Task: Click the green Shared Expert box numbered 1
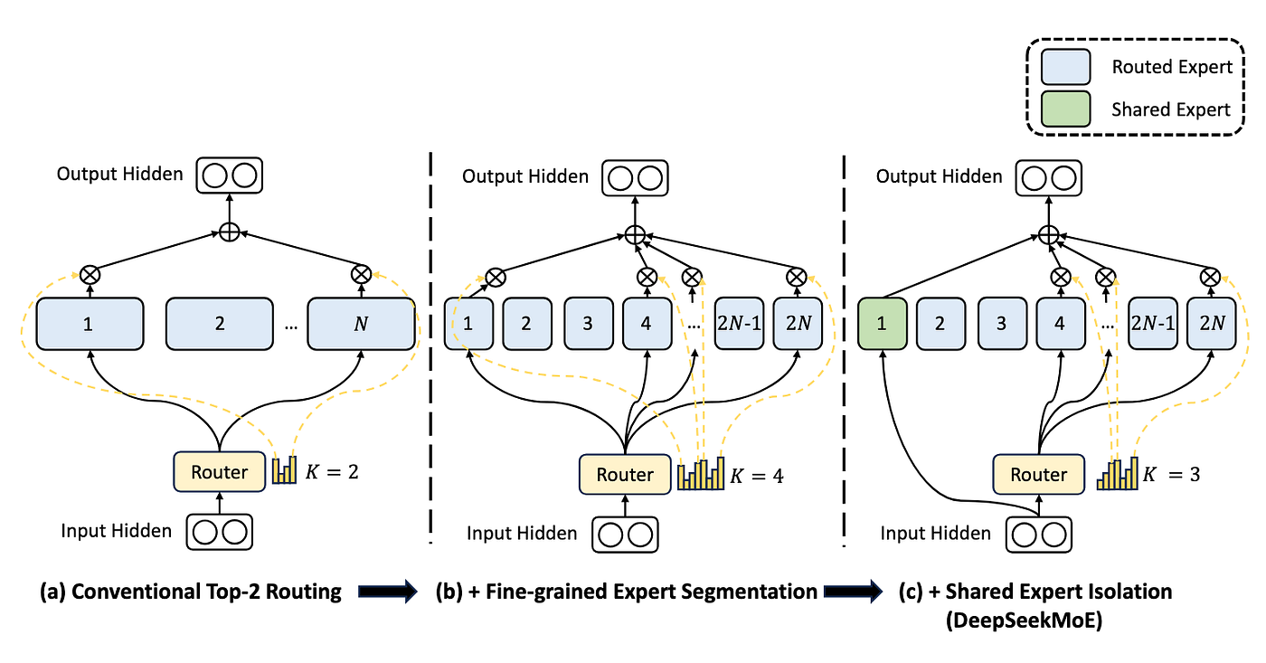(x=881, y=323)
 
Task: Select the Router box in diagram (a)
(x=219, y=471)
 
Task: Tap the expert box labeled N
(x=361, y=323)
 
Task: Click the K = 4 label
(x=757, y=475)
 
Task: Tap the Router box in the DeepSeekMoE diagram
(x=1038, y=474)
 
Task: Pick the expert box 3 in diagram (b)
(x=588, y=323)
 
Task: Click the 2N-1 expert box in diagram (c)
(x=1152, y=323)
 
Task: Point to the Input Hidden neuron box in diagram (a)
(x=220, y=530)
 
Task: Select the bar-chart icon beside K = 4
(x=701, y=474)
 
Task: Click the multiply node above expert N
(x=361, y=272)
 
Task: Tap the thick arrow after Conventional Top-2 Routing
(x=386, y=592)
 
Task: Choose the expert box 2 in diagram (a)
(x=220, y=323)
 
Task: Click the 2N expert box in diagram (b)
(x=797, y=323)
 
